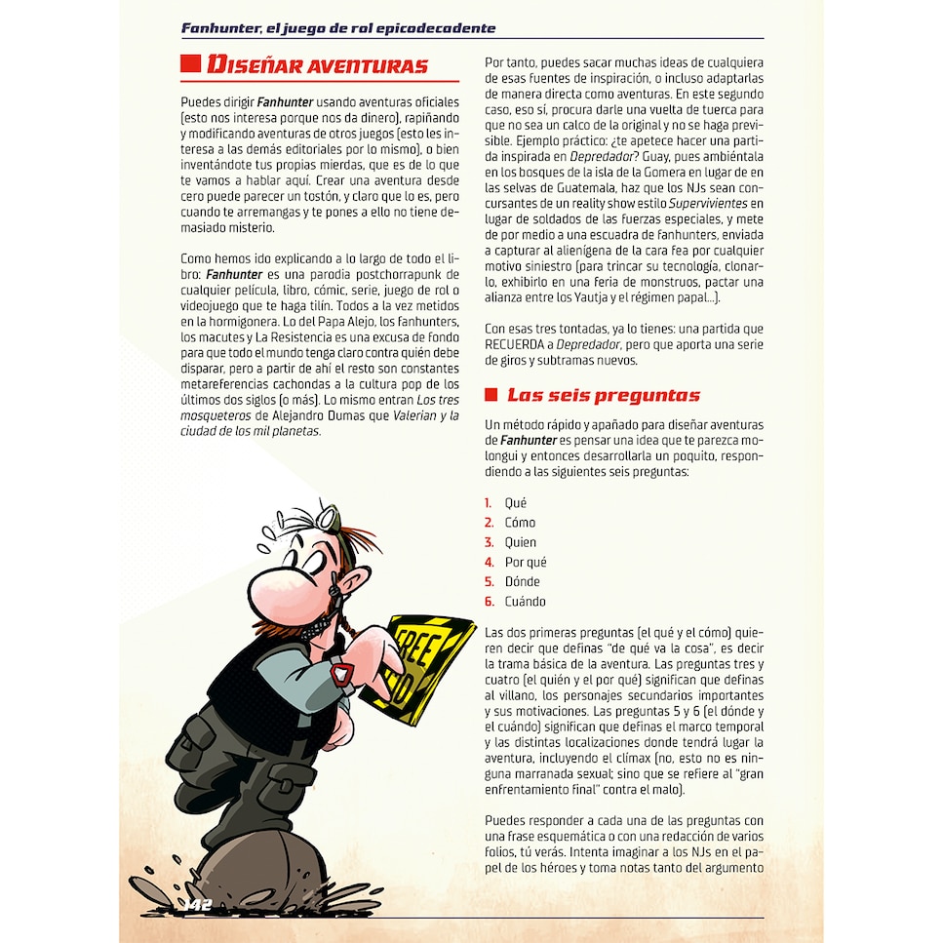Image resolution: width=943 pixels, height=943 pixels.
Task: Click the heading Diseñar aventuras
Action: [x=317, y=66]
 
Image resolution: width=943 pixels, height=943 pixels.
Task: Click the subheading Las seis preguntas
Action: [x=602, y=395]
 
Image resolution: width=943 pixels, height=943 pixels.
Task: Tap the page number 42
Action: [x=201, y=905]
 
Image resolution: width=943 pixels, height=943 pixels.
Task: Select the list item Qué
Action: [x=515, y=503]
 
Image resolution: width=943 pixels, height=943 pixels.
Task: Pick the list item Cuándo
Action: [x=525, y=602]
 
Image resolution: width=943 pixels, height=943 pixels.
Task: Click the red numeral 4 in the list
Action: [x=490, y=563]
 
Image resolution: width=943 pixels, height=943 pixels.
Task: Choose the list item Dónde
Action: [x=522, y=582]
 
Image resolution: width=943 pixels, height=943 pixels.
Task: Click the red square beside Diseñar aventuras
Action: [x=190, y=65]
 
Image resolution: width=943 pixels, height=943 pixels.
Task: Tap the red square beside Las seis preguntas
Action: [x=491, y=395]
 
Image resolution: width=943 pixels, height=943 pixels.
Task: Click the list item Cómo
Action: [x=520, y=523]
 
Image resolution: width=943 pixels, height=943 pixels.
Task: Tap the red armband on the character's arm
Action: [x=341, y=673]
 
